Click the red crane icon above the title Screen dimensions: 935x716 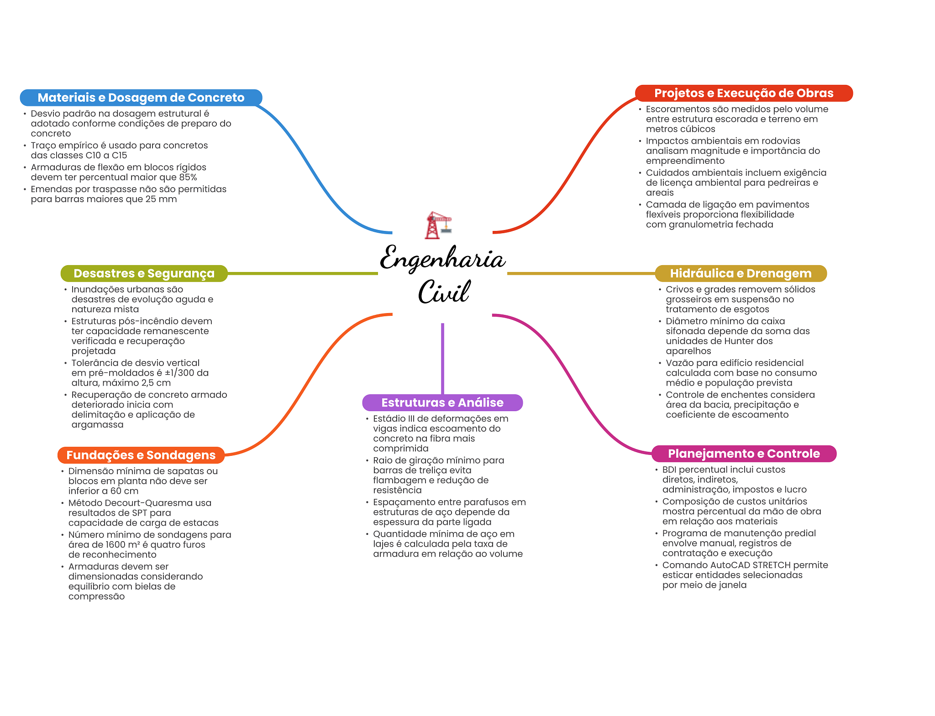[438, 225]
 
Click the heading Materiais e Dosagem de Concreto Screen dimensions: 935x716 [141, 98]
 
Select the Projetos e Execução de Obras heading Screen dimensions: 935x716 [744, 93]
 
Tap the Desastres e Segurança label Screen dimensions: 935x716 [144, 273]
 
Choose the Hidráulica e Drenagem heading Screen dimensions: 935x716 [741, 273]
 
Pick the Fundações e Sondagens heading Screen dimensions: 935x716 [141, 455]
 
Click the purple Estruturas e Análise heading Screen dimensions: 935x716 [442, 402]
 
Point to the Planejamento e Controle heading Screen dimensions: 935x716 [744, 454]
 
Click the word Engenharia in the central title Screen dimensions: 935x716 [442, 259]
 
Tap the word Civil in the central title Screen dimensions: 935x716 [443, 292]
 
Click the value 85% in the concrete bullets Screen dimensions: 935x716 [187, 178]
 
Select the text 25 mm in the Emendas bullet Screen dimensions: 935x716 [161, 199]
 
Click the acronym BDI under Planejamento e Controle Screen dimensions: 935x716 [669, 470]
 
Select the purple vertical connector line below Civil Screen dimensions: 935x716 [442, 358]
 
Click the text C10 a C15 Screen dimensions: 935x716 [106, 156]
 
